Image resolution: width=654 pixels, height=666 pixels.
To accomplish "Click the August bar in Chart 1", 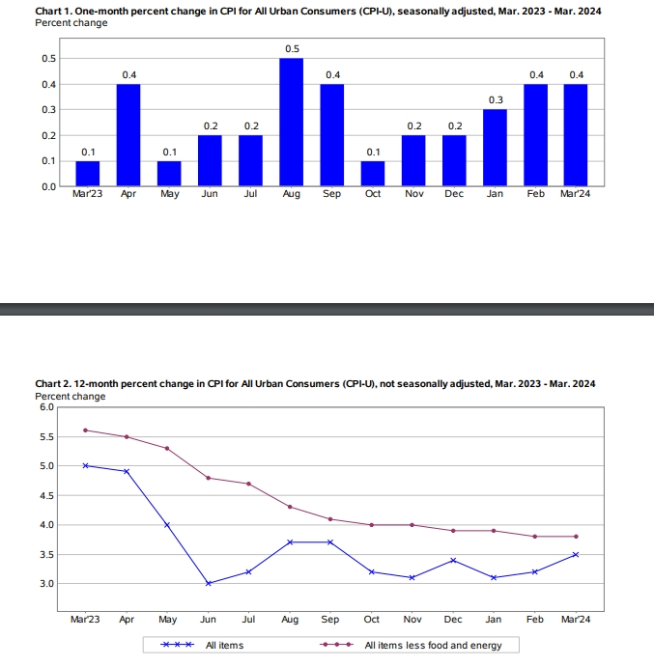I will point(291,122).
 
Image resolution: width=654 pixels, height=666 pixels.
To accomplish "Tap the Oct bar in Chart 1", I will point(373,173).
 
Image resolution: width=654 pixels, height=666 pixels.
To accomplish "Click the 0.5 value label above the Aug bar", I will point(291,48).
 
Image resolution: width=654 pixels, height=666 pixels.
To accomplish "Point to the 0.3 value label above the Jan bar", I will point(496,99).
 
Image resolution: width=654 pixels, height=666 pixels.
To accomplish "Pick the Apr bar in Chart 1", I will point(128,135).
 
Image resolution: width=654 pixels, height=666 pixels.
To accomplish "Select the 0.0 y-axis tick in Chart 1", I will point(46,186).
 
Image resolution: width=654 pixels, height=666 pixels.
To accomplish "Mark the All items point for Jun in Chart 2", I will point(208,583).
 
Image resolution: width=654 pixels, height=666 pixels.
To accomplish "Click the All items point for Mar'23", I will point(86,465).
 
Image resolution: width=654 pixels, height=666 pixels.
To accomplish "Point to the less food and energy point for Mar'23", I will point(86,430).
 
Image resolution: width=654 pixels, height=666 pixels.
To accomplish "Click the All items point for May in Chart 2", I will point(167,525).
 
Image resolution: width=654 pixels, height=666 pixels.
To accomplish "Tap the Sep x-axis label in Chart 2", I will point(330,620).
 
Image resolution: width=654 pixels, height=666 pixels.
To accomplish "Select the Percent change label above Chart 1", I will point(71,21).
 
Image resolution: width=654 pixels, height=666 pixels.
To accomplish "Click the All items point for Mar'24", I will point(576,554).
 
